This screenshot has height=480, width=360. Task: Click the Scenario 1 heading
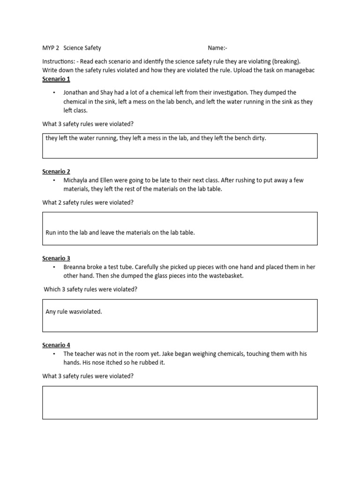point(56,79)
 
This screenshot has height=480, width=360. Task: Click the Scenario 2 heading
point(56,172)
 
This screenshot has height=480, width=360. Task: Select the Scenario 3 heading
point(56,258)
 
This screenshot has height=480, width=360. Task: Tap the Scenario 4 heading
point(56,345)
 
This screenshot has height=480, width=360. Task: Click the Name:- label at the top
point(217,48)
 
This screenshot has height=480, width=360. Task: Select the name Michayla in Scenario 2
point(76,180)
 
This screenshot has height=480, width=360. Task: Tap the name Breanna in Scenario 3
point(75,267)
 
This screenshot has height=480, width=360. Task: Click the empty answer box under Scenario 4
point(180,402)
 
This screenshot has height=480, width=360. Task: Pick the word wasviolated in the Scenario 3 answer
point(86,312)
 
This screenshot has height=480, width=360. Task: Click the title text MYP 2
point(51,48)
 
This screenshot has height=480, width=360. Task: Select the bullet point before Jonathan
point(54,93)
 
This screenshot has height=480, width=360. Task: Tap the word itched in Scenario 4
point(106,362)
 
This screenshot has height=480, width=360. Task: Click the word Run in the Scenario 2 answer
point(51,232)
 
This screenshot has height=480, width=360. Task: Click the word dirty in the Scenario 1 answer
point(258,138)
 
